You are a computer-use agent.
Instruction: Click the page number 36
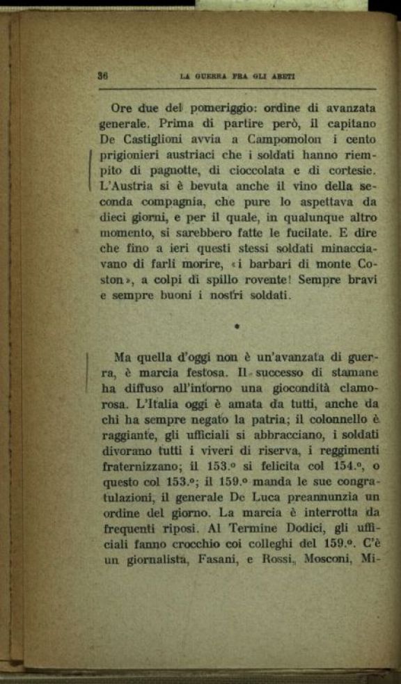pyautogui.click(x=102, y=76)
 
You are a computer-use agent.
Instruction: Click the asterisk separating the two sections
pyautogui.click(x=237, y=325)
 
